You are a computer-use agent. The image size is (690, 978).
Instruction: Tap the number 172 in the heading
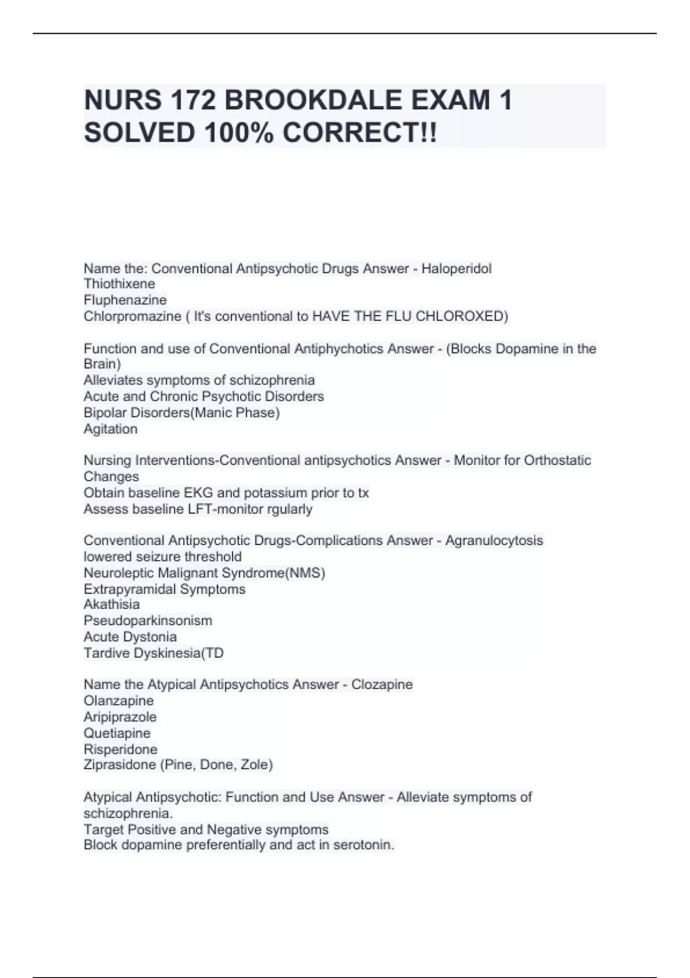pyautogui.click(x=193, y=100)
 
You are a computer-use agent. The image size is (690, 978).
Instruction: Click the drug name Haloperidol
pyautogui.click(x=457, y=269)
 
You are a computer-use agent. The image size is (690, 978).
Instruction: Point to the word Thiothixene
pyautogui.click(x=119, y=284)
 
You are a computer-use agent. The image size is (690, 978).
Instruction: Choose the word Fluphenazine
pyautogui.click(x=125, y=300)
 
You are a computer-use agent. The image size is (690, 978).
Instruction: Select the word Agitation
pyautogui.click(x=110, y=429)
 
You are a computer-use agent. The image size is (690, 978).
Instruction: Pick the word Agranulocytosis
pyautogui.click(x=494, y=540)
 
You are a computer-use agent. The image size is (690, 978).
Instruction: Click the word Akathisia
pyautogui.click(x=112, y=604)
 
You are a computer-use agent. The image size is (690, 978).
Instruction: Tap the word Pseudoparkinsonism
pyautogui.click(x=148, y=620)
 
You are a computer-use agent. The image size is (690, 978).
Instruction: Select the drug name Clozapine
pyautogui.click(x=382, y=684)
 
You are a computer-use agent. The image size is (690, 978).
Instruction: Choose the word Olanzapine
pyautogui.click(x=118, y=701)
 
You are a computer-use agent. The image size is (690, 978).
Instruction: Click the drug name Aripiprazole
pyautogui.click(x=120, y=717)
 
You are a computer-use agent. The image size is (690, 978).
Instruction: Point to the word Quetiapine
pyautogui.click(x=117, y=733)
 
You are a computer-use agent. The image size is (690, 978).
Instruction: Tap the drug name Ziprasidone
pyautogui.click(x=120, y=765)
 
